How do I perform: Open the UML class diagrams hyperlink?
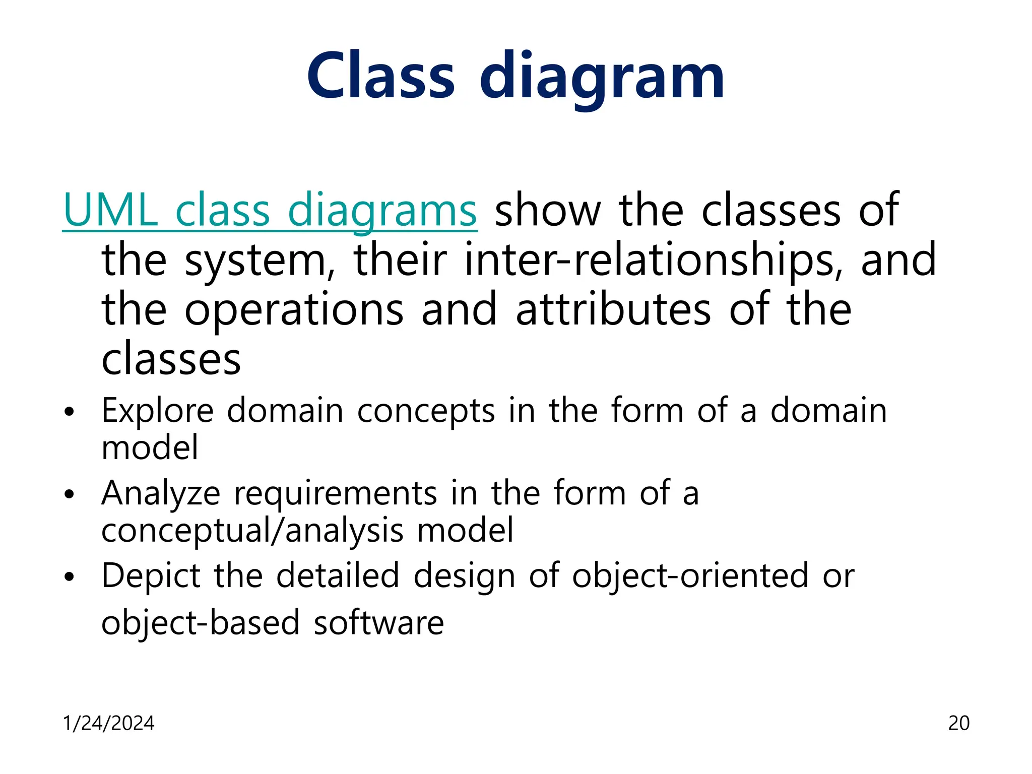pos(270,211)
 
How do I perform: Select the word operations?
pos(294,309)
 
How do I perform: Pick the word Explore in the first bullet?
pos(158,411)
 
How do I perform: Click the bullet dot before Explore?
pos(70,412)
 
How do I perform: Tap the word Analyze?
pos(161,493)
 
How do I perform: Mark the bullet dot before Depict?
pos(70,576)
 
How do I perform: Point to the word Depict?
pos(151,576)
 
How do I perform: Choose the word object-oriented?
pos(690,576)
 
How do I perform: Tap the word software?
pos(378,623)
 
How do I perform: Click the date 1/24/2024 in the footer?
pos(108,723)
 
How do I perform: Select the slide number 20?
pos(958,723)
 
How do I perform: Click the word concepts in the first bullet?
pos(426,411)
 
